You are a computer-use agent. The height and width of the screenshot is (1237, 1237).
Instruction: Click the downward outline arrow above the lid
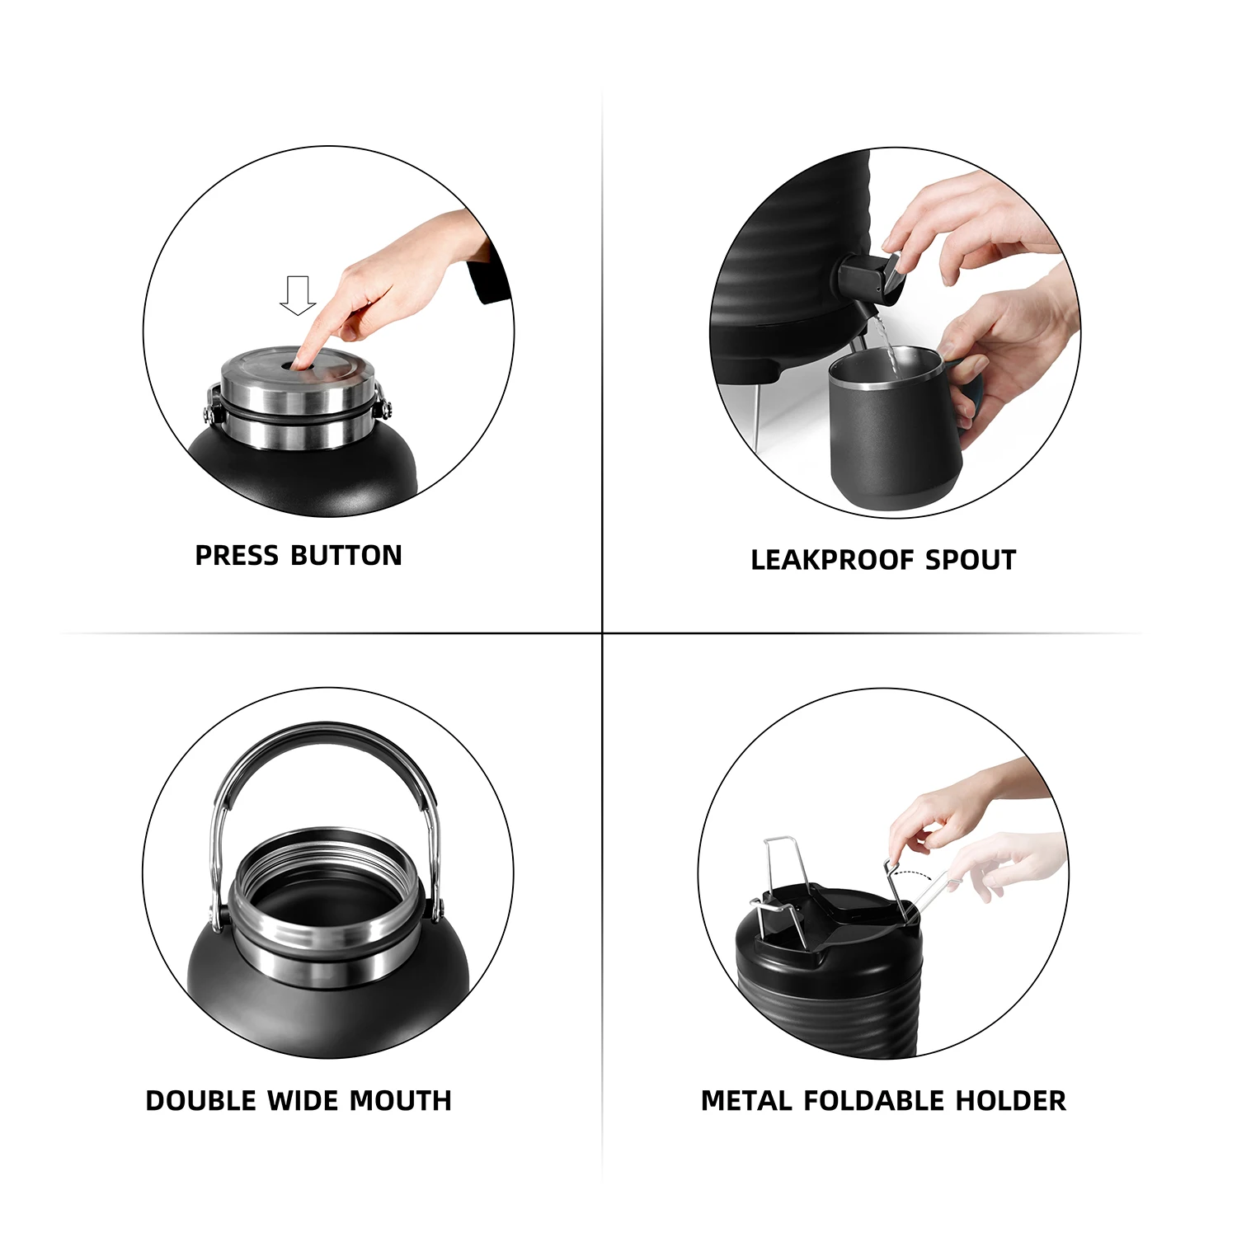(x=298, y=295)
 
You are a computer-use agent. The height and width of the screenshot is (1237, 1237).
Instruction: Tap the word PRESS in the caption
(x=237, y=556)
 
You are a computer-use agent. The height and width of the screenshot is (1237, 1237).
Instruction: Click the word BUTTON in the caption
(x=346, y=556)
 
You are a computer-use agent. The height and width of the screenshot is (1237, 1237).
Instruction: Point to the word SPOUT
(x=971, y=560)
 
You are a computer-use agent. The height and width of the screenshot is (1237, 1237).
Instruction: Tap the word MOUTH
(x=400, y=1101)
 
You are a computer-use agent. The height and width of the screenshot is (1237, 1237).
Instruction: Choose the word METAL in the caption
(x=746, y=1101)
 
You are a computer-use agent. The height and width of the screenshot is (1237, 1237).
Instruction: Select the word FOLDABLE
(x=873, y=1101)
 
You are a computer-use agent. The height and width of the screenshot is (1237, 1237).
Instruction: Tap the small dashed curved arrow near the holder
(x=914, y=875)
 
